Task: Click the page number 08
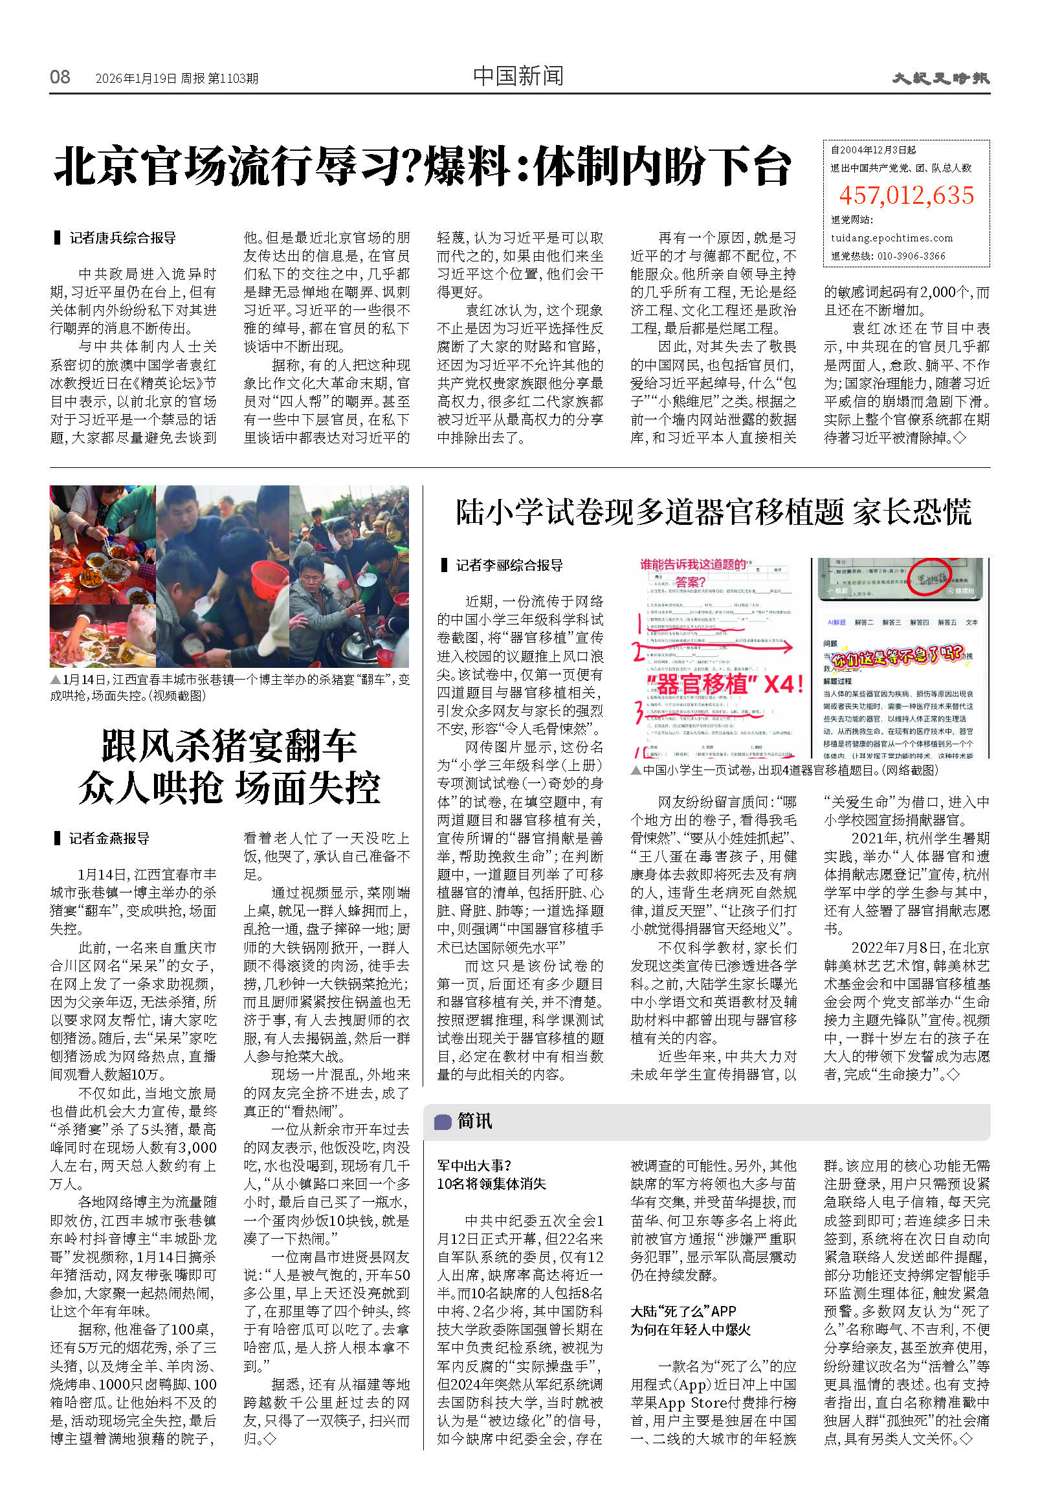point(60,77)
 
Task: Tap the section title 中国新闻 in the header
point(518,76)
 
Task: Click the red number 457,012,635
point(906,195)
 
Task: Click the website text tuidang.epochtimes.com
point(891,238)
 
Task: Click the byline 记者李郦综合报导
point(509,565)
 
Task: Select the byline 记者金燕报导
point(109,838)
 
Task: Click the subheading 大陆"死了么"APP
point(683,1311)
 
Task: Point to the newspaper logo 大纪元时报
point(940,78)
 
